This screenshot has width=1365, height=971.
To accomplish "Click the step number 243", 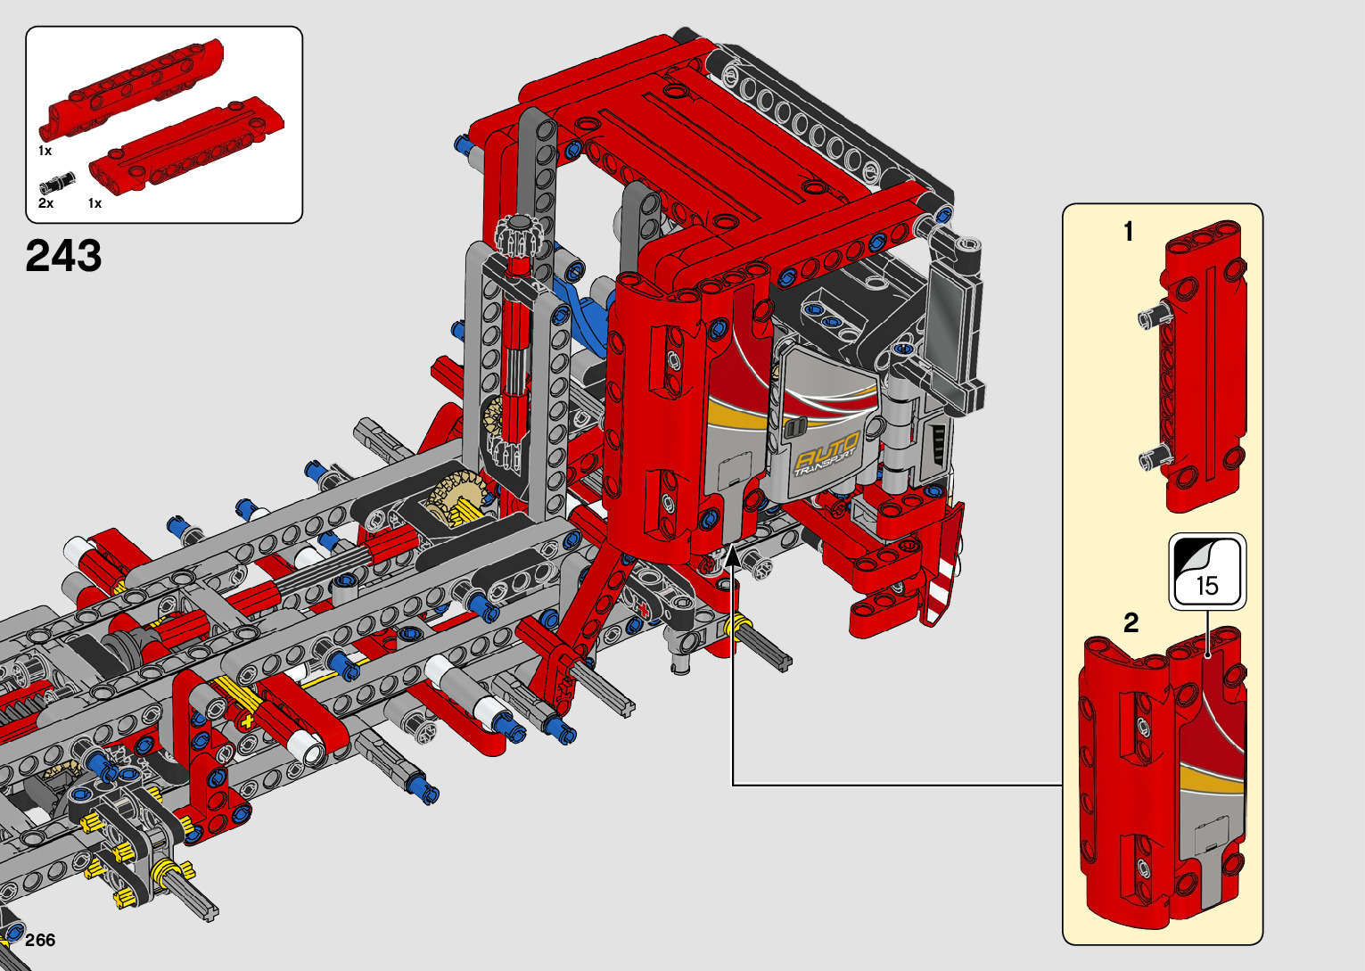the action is pyautogui.click(x=63, y=256).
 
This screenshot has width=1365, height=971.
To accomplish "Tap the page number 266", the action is pyautogui.click(x=40, y=941).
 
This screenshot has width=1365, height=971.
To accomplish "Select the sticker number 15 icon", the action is pyautogui.click(x=1207, y=572).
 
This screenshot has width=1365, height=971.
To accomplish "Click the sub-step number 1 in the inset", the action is pyautogui.click(x=1129, y=232).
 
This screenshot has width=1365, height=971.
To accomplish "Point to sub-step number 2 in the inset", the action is pyautogui.click(x=1131, y=623).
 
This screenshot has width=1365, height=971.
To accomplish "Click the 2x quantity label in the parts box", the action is pyautogui.click(x=45, y=203).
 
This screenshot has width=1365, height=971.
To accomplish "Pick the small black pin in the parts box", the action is pyautogui.click(x=57, y=182).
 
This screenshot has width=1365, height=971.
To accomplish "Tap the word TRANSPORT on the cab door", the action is pyautogui.click(x=825, y=464).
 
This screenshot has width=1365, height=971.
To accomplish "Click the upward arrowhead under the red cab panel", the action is pyautogui.click(x=733, y=556).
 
